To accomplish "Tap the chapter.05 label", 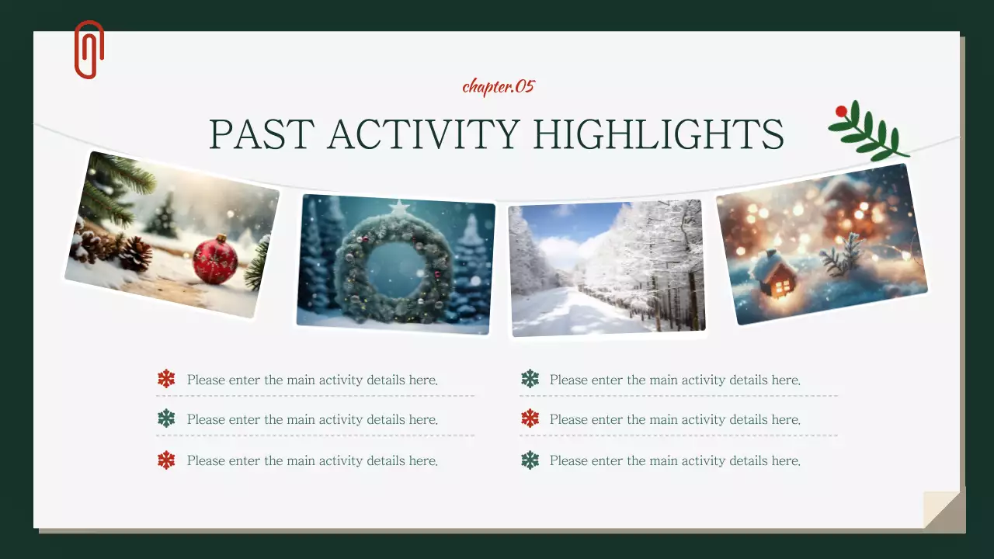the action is pos(499,86).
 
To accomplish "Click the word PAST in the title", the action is pos(262,134).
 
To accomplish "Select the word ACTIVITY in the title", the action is pos(424,134).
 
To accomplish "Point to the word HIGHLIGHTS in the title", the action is pos(659,134).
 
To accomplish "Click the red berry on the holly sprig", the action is pos(841,111).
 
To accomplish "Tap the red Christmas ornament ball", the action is pos(215,259).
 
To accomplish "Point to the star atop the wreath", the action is pos(399,207).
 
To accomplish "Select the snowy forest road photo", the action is pos(607,268).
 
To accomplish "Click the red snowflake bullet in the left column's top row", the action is pos(166,379).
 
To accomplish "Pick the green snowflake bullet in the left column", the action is pos(166,418).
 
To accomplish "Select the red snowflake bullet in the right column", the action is pos(530,418).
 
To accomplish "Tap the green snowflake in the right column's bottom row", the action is pos(530,460).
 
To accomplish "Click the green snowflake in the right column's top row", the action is pos(530,379).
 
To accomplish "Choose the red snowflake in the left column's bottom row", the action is pos(166,460).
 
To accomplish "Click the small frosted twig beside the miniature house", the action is pos(841,255).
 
